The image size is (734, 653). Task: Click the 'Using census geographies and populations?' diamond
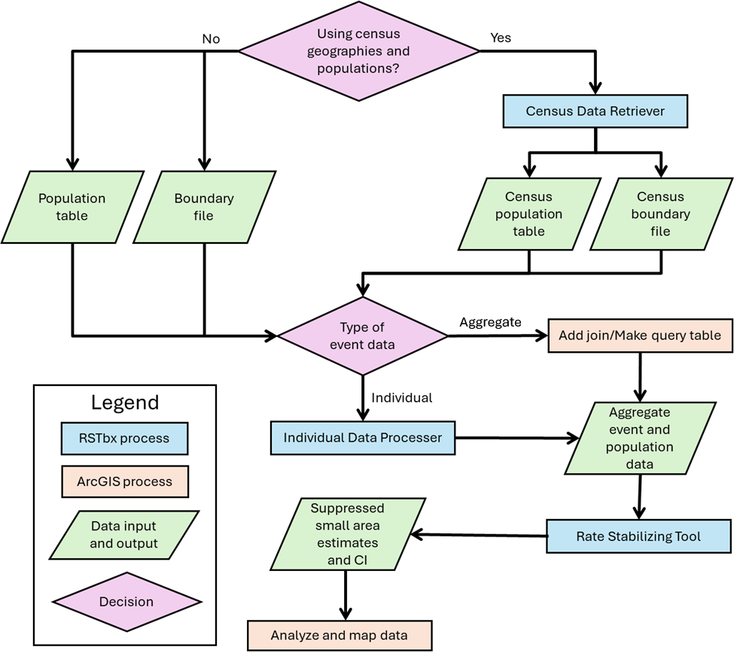(x=359, y=51)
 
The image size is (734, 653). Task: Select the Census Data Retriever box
(x=595, y=111)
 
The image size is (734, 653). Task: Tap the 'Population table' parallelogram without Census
(x=72, y=207)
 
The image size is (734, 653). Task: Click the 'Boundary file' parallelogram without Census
(x=204, y=207)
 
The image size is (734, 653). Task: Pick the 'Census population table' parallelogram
(x=529, y=214)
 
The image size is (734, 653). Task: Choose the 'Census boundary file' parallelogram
(x=661, y=214)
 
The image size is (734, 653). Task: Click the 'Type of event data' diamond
(x=362, y=336)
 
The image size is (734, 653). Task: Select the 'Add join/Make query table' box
(x=640, y=336)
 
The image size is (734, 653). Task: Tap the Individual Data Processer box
(x=363, y=438)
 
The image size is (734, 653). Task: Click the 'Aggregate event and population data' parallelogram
(x=640, y=439)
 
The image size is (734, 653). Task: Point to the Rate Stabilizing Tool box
(x=638, y=536)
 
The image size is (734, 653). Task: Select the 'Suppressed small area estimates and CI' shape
(x=348, y=534)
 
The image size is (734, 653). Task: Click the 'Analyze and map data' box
(x=340, y=635)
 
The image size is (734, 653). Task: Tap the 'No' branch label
(x=211, y=39)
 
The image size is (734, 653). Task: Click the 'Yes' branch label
(x=501, y=38)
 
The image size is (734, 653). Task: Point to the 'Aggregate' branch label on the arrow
(x=490, y=322)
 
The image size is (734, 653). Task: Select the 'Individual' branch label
(x=402, y=398)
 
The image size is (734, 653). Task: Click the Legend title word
(x=125, y=402)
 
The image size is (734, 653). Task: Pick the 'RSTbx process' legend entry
(x=124, y=439)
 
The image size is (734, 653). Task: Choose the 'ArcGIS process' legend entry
(x=124, y=481)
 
